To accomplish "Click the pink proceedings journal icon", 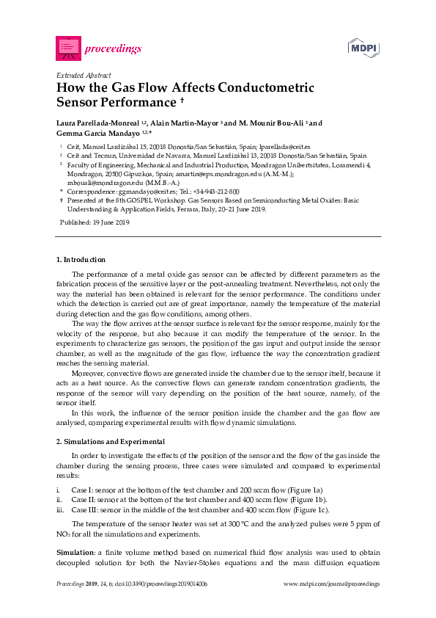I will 68,48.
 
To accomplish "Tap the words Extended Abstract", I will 84,76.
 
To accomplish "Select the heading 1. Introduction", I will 81,260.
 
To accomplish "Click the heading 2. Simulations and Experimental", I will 111,442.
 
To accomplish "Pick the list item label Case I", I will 81,490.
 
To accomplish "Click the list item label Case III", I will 84,509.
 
